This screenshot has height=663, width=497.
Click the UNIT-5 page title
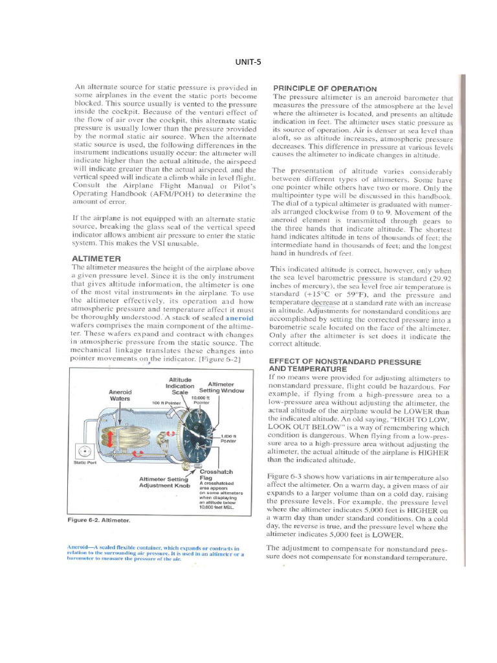248,62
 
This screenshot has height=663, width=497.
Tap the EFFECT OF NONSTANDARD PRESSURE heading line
344,361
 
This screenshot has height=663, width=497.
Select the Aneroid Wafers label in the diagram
120,396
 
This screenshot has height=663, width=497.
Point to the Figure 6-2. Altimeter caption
99,520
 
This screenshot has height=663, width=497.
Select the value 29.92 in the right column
441,277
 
